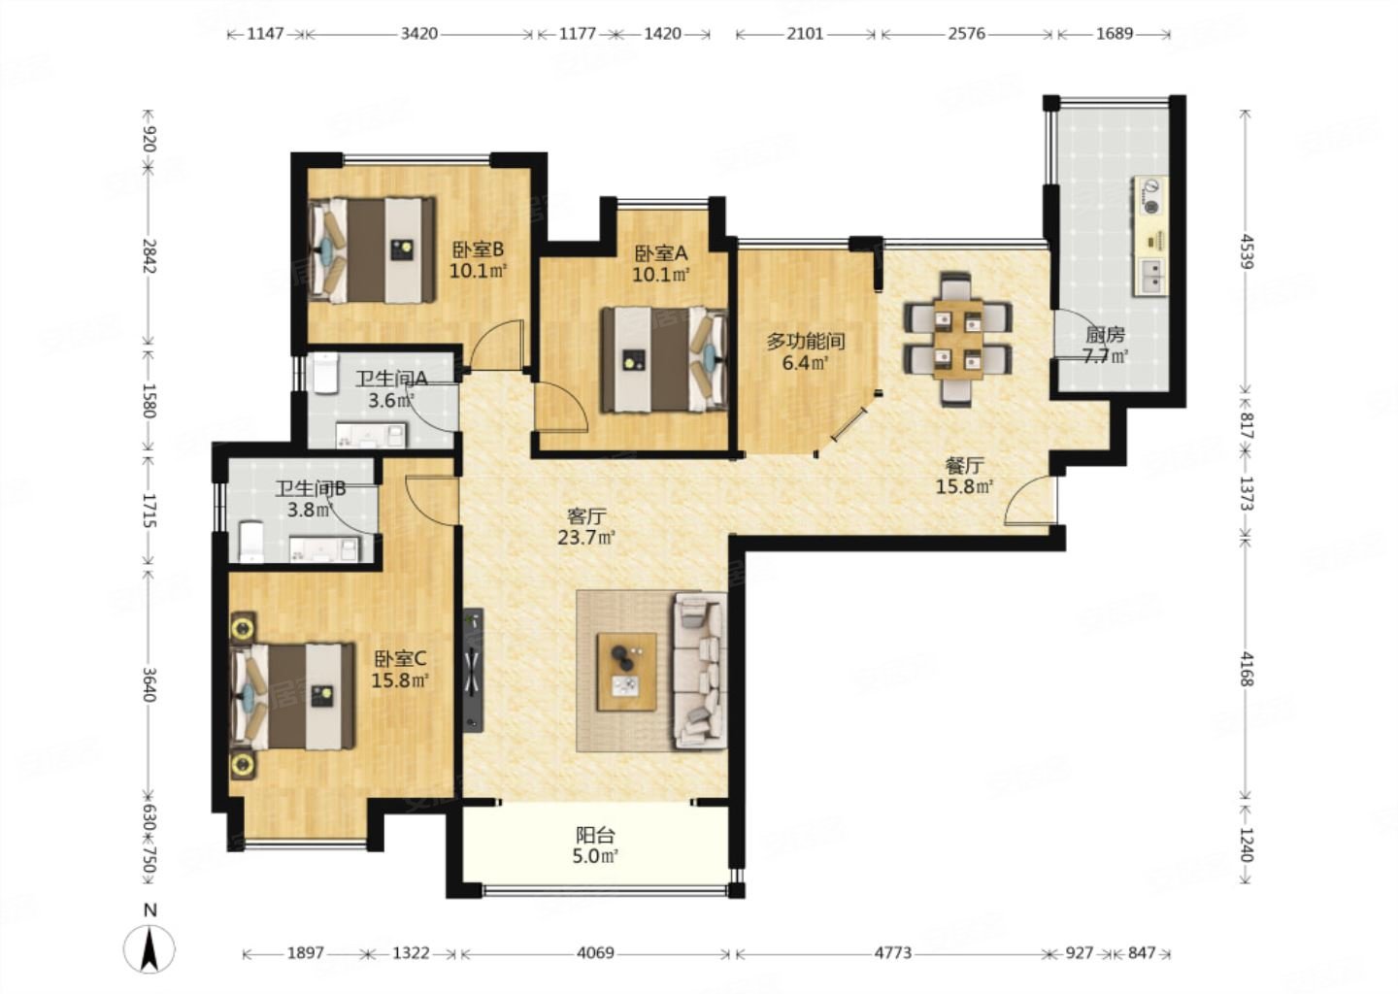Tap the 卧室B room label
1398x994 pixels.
[x=478, y=250]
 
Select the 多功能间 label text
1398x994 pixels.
[x=806, y=342]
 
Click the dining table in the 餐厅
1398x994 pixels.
[x=958, y=339]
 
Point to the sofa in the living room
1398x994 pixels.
[x=700, y=671]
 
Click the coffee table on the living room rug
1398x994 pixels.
[x=626, y=672]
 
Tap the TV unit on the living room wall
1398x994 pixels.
[x=474, y=670]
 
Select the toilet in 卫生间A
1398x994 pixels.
[x=325, y=373]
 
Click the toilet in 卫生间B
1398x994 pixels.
[x=251, y=541]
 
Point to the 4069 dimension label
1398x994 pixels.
[x=595, y=953]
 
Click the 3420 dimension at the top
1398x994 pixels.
[x=418, y=33]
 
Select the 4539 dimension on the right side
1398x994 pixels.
[x=1246, y=251]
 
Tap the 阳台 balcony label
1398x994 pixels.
[x=595, y=835]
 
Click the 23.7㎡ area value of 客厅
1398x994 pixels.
[x=586, y=537]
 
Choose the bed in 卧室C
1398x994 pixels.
[x=292, y=696]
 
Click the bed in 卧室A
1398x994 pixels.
[x=665, y=359]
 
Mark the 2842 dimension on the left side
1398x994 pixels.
[x=150, y=256]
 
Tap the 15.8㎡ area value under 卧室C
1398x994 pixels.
[x=400, y=680]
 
